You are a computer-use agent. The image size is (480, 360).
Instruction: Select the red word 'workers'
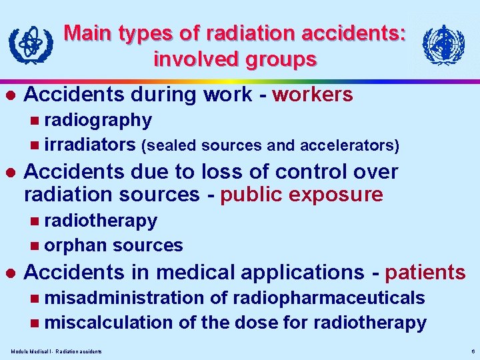tap(313, 95)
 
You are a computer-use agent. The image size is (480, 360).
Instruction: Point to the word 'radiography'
tap(98, 120)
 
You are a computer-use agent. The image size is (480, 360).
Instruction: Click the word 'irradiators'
tap(91, 145)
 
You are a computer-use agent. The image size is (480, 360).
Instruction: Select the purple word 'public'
tap(254, 195)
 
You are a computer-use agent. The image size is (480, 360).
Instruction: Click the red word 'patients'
tap(425, 272)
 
